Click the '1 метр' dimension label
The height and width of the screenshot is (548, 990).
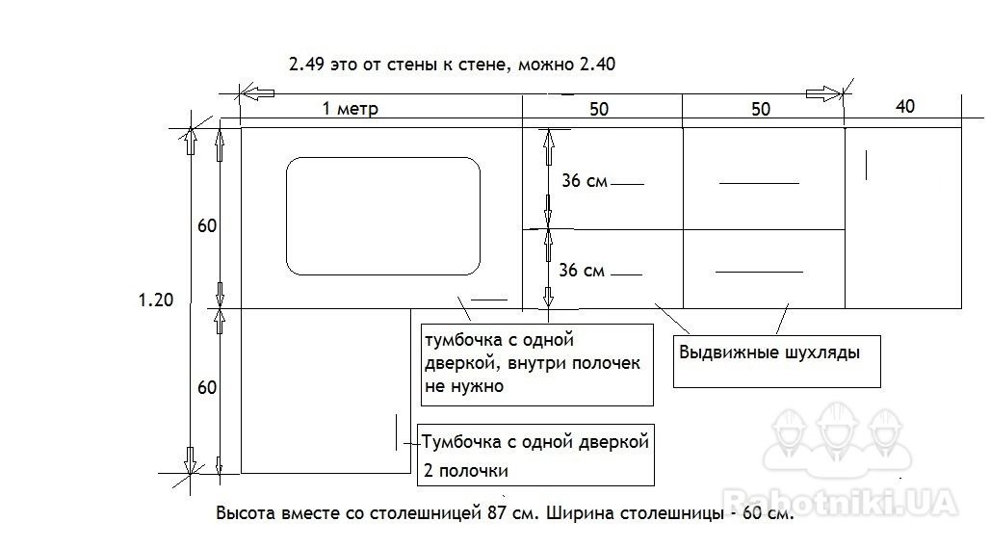coord(351,109)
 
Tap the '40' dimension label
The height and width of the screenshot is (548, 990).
coord(904,106)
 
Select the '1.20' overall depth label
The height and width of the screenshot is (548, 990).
coord(155,300)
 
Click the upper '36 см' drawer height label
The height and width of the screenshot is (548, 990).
coord(585,181)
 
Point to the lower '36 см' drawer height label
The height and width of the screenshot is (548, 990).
coord(582,271)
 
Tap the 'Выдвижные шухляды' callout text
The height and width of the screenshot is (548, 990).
coord(769,352)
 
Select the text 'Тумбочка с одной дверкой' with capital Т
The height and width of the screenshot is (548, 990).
coord(535,441)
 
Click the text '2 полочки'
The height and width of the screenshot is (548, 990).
coord(465,470)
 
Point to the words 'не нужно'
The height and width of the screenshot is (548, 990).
coord(464,386)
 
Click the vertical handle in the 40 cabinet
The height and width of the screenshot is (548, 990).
coord(866,164)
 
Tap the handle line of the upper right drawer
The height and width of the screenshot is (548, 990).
coord(759,183)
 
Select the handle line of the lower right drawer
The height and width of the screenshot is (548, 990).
coord(759,273)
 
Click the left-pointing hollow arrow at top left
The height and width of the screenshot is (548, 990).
coord(257,93)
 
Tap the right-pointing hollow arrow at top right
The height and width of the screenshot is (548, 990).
coord(824,94)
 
